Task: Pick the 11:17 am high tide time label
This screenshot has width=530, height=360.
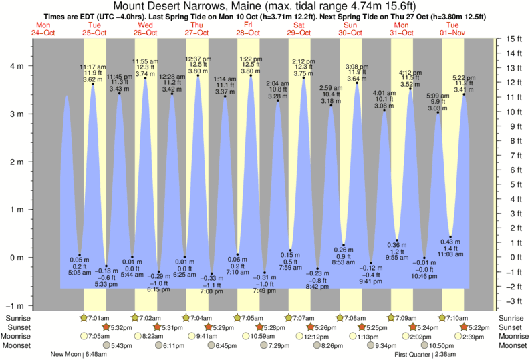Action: pos(92,67)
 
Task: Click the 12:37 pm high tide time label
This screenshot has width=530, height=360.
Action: pos(198,58)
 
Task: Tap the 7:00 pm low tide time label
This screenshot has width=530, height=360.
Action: pos(213,292)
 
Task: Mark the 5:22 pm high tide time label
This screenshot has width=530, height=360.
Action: pos(464,77)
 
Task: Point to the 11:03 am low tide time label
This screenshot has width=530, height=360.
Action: pos(450,255)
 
